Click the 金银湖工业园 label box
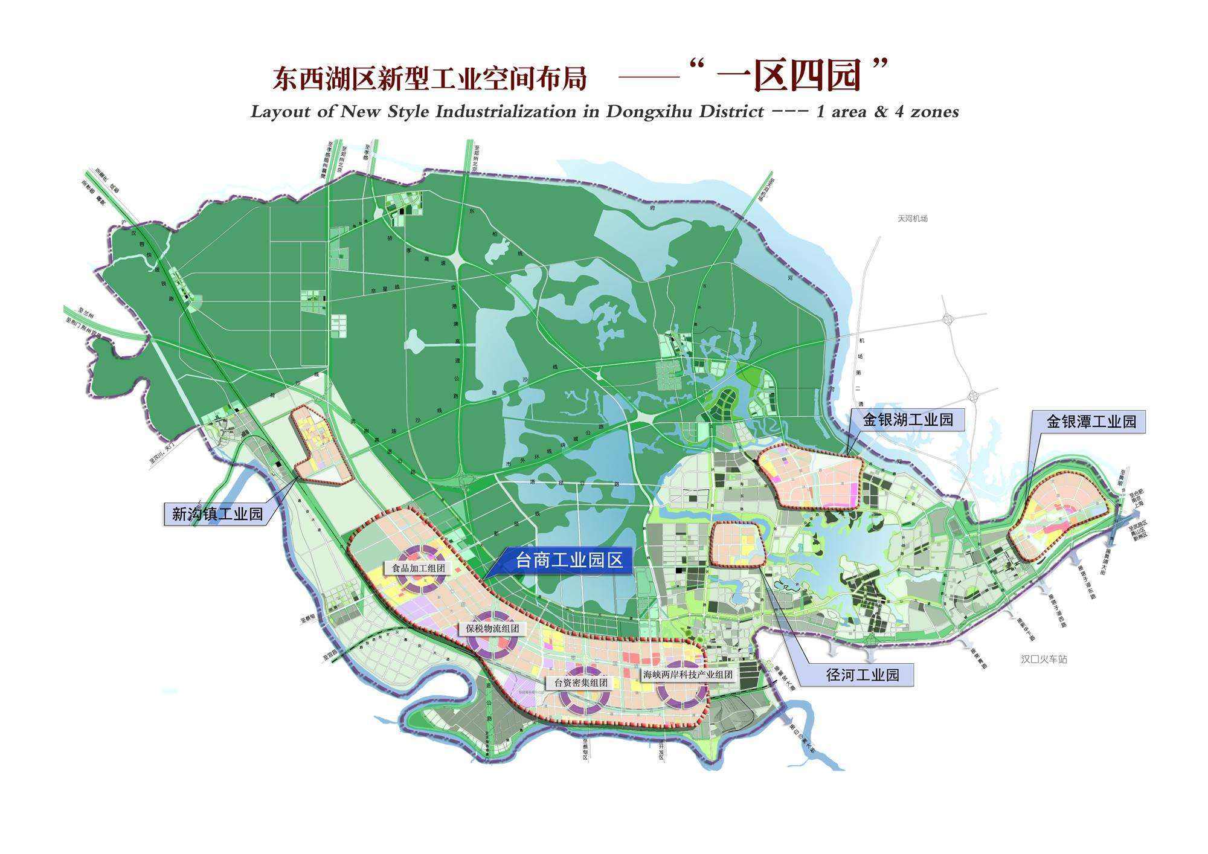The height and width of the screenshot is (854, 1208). pos(907,419)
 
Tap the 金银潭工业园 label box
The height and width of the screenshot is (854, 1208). pos(1091,421)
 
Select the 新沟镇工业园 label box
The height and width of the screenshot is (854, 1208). pos(217,514)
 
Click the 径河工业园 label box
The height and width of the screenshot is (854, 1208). pos(863,675)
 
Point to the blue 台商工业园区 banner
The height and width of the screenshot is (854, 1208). pos(568,560)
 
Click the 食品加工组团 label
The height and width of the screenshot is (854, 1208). pos(418,568)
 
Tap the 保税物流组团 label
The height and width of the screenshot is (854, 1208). pos(492,628)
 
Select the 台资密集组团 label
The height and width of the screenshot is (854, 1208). pos(580,683)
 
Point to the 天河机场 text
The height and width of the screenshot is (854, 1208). pos(912,219)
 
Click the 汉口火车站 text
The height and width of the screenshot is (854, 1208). pos(1044,659)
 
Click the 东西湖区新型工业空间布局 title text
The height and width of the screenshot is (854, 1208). pos(429,79)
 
